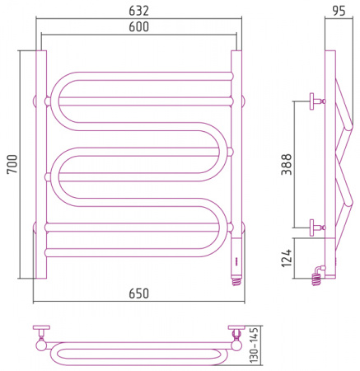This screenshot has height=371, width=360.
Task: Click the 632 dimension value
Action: [x=138, y=11]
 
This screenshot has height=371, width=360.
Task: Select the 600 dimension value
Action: [x=138, y=26]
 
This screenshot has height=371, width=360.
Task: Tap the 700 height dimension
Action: [x=12, y=164]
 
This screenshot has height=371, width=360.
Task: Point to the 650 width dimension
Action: [x=138, y=294]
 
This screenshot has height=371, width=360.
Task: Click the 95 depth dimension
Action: [x=339, y=11]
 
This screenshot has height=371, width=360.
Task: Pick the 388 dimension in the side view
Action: [x=287, y=164]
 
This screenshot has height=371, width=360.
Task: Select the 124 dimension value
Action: [x=287, y=258]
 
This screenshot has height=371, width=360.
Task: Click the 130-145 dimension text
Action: [x=255, y=345]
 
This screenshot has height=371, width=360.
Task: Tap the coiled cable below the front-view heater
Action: [x=236, y=281]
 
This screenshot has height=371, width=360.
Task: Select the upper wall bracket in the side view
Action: [x=317, y=101]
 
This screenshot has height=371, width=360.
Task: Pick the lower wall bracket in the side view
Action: [x=317, y=228]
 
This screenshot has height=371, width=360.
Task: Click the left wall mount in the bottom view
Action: [x=41, y=331]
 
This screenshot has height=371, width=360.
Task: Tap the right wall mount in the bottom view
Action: [x=236, y=331]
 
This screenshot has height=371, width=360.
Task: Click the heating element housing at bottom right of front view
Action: [x=236, y=257]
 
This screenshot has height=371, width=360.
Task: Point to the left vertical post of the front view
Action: [x=41, y=164]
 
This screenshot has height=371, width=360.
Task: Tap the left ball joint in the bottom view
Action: [x=41, y=345]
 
